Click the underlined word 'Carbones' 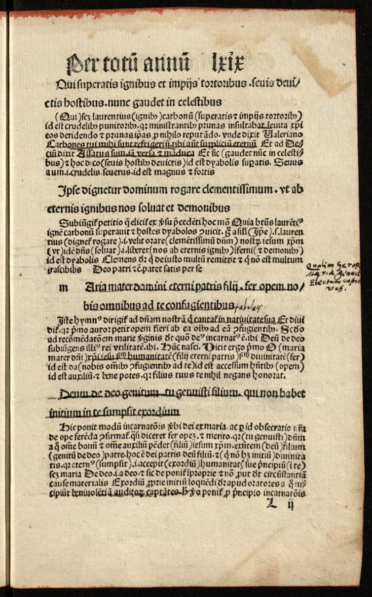coord(65,144)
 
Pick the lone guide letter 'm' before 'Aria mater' coord(63,288)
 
